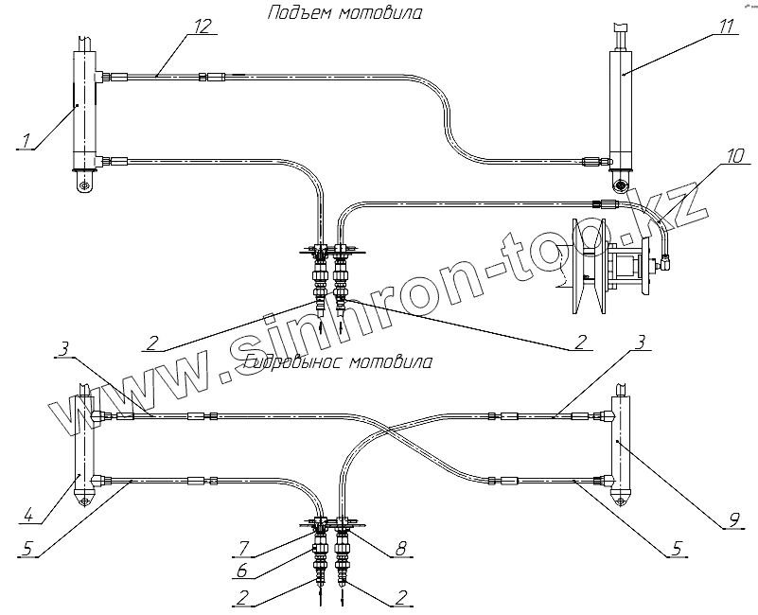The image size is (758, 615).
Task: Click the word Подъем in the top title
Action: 297,14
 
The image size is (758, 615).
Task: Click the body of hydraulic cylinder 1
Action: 86,109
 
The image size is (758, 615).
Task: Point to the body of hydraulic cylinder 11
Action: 624,104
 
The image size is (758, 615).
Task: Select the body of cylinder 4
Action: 85,440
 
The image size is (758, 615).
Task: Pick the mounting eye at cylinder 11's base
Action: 622,182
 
